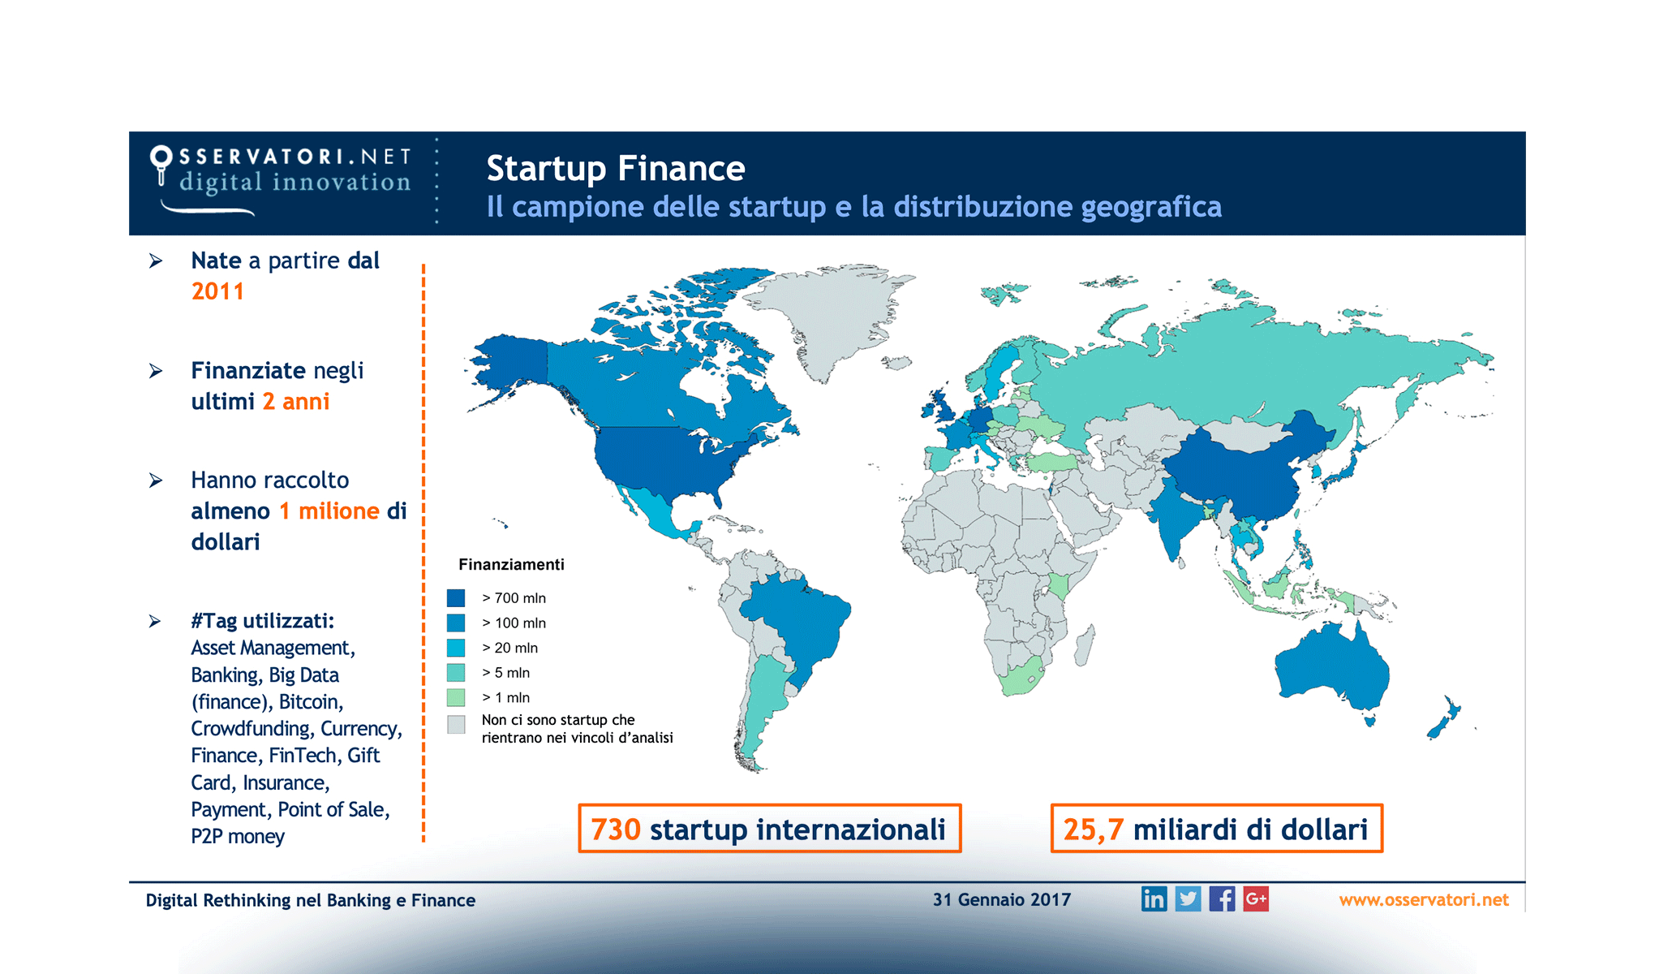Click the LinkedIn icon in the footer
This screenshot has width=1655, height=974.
tap(1154, 899)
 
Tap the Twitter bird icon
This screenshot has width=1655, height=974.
tap(1188, 899)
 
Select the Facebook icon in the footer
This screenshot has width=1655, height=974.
tap(1222, 899)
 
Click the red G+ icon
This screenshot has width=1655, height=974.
tap(1256, 899)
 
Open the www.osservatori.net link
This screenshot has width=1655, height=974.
tap(1423, 899)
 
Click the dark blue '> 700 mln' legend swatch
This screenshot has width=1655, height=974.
tap(456, 598)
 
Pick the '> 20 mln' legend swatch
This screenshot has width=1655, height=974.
tap(456, 648)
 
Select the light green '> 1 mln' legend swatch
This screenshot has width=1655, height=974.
tap(456, 697)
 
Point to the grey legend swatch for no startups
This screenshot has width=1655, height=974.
tap(456, 724)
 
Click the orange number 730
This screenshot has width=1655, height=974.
tap(616, 830)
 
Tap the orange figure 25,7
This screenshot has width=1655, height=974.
tap(1093, 830)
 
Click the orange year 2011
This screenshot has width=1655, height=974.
tap(217, 291)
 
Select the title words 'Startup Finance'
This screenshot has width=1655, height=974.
tap(615, 169)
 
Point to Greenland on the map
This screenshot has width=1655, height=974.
tap(827, 317)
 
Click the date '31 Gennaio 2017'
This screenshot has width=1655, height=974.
tap(1001, 899)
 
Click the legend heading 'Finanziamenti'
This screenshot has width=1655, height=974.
tap(511, 564)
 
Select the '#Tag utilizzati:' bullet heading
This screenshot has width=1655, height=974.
tap(262, 621)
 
